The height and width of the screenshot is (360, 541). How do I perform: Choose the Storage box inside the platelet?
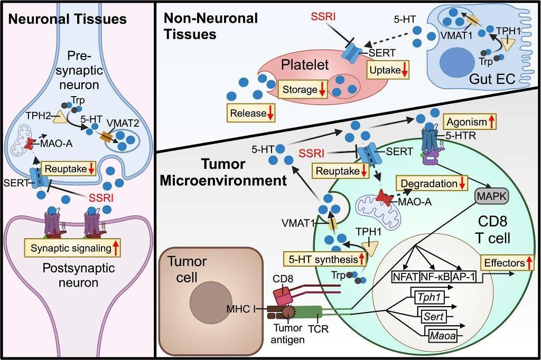click(303, 89)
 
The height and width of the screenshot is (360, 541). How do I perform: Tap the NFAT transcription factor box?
click(404, 276)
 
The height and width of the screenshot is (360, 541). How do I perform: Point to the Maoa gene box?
click(441, 334)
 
